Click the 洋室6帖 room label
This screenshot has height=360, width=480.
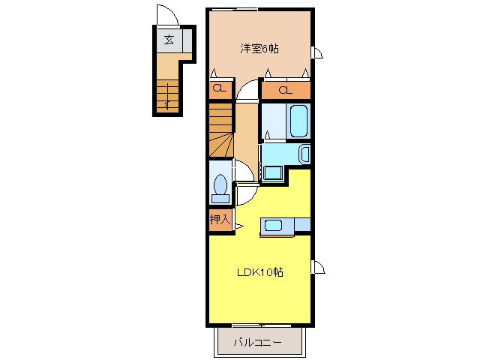point(259,49)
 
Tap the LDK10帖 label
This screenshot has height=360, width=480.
point(260,271)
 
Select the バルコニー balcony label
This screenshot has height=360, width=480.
point(257,342)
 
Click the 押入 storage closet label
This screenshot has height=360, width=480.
point(220,219)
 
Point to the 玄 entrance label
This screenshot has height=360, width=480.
point(169,40)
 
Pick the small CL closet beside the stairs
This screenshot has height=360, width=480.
point(220,88)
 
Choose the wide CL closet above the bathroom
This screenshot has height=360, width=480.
point(285,90)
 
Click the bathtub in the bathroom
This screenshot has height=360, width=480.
point(298,121)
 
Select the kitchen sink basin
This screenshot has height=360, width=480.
point(273,226)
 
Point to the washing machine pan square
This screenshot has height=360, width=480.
point(273,173)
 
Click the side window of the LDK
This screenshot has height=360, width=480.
point(318,267)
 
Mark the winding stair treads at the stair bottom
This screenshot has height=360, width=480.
point(221,145)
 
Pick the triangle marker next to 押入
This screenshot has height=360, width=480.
point(239,226)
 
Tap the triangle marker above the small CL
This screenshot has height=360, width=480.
point(214,73)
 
